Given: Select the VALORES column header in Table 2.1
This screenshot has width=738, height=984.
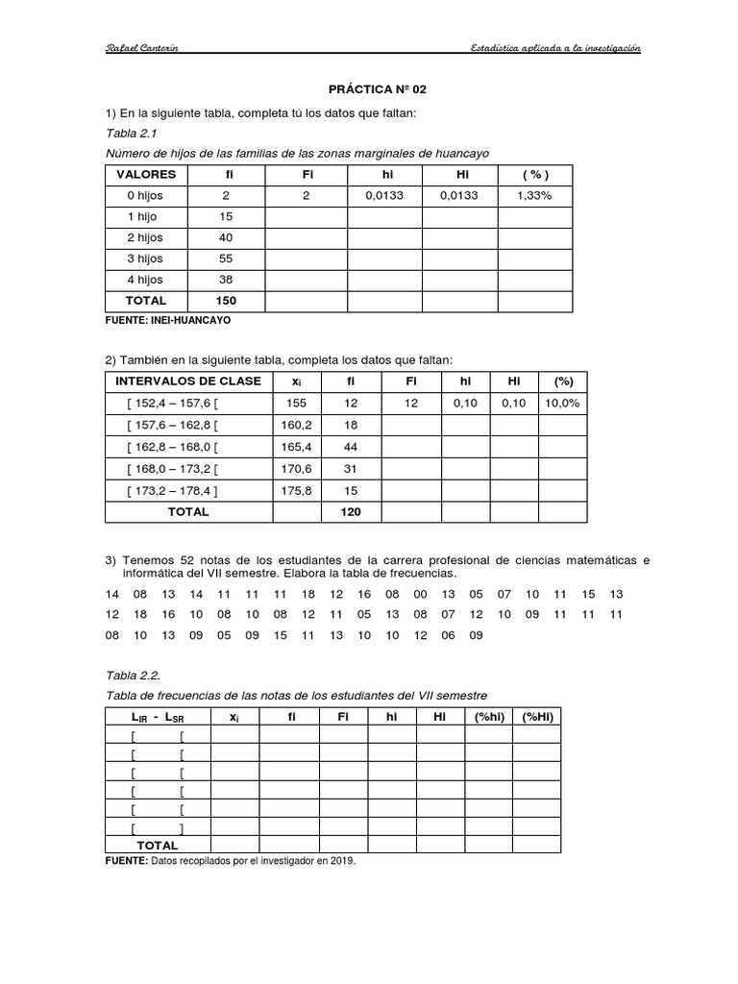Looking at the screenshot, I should pos(146,175).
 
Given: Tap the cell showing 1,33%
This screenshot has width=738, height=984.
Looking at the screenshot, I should pos(534,196).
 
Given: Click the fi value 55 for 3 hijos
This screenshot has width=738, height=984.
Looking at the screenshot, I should pos(226,259).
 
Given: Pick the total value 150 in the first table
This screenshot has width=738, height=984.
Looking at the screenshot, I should pos(226,302).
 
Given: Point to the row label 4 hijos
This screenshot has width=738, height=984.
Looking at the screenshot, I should pos(144,281).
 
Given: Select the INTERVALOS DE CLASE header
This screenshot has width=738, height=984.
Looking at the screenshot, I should pos(188,381).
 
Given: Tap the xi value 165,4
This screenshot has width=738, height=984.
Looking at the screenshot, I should pos(296,448).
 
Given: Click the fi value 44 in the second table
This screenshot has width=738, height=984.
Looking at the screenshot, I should pos(351,448).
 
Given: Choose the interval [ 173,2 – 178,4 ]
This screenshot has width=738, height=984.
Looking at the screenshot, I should pos(173,490).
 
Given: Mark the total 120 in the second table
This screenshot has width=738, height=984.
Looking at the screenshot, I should pos(351,512).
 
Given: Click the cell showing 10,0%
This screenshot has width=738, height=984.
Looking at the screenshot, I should pos(561,404).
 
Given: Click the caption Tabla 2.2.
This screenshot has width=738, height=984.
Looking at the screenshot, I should pos(129,676).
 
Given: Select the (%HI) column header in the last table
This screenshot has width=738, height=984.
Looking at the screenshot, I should pos(536,717).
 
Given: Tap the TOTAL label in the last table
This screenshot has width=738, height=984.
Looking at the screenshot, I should pos(158,846).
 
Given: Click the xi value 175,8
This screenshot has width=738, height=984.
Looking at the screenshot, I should pos(296,490).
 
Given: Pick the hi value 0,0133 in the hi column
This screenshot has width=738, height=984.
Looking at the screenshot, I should pos(384,196).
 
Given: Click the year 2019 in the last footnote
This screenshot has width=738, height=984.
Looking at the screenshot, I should pos(343,862).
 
